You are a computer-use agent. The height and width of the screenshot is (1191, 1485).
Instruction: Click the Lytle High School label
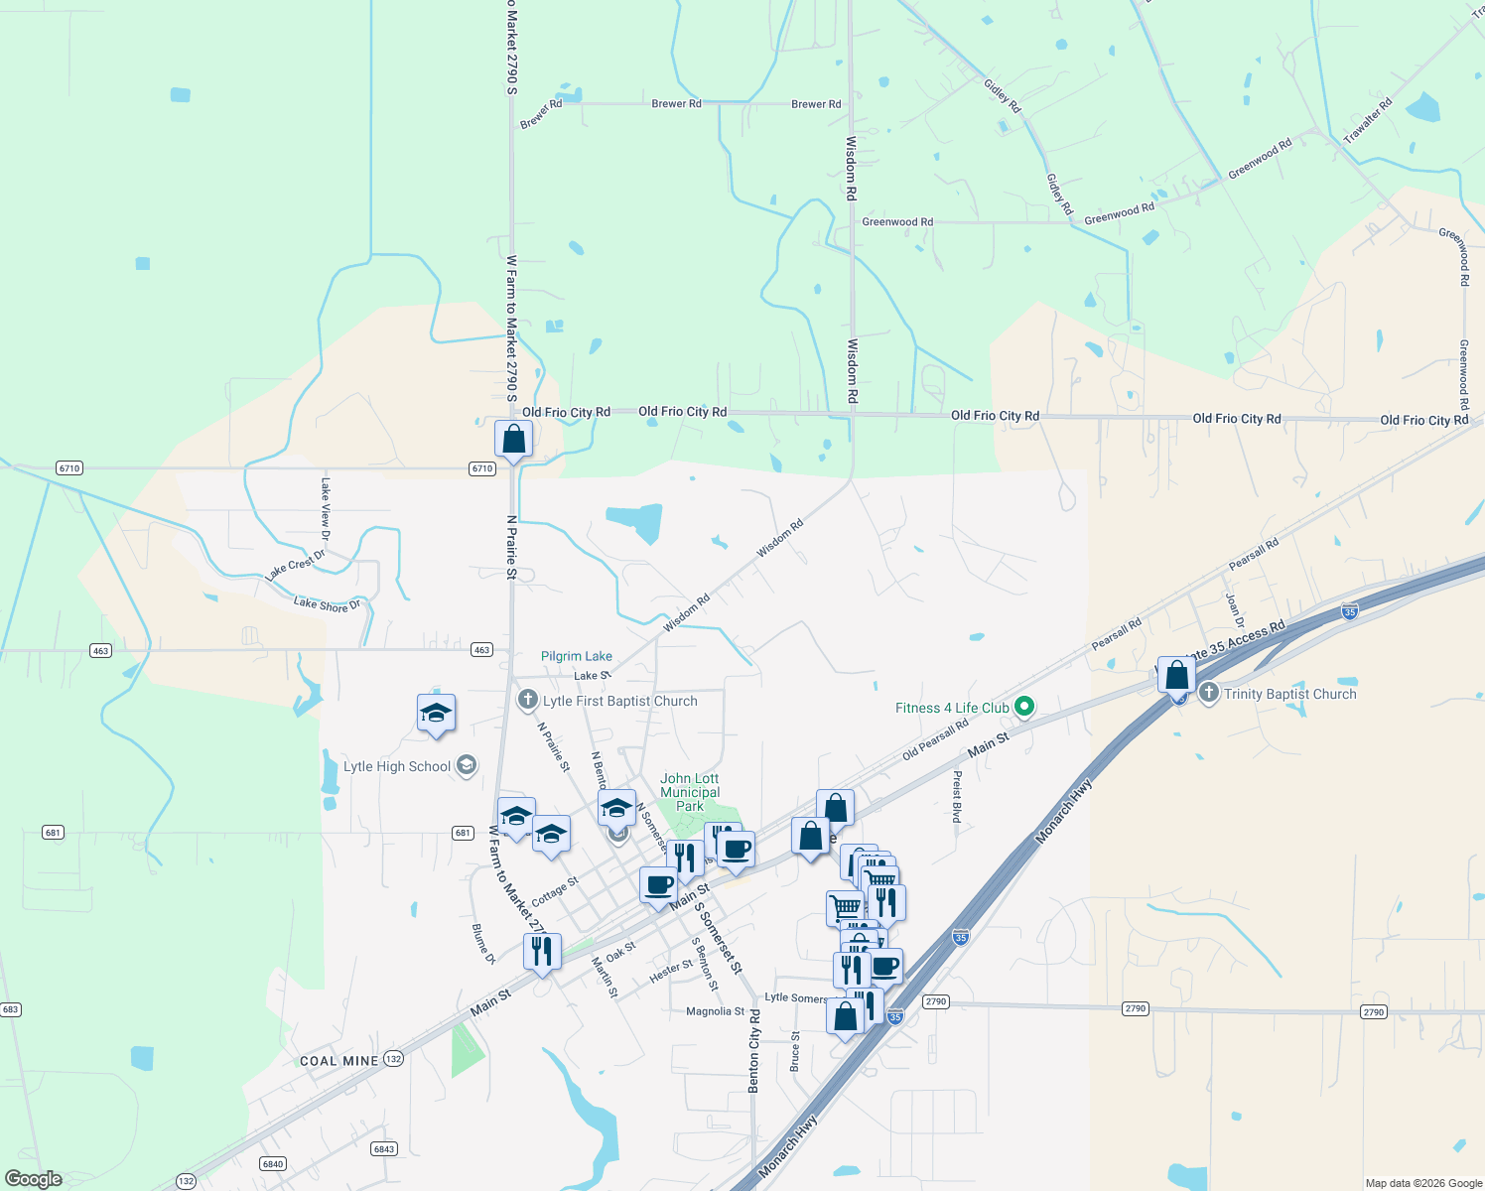397,766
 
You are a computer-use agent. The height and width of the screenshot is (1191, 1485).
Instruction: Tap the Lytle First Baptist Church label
619,701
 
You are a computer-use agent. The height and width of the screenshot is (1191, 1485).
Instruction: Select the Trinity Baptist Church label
1289,694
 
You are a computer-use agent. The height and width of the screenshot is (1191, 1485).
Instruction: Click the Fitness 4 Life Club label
952,708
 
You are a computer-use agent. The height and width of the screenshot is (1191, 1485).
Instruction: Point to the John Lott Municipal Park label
690,792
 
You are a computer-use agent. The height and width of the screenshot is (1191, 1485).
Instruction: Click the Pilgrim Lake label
577,656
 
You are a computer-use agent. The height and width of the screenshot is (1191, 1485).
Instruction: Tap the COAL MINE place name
339,1061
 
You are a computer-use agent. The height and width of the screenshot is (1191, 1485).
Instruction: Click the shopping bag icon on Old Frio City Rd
513,439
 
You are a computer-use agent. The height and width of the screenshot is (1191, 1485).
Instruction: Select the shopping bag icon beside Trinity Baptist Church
1176,676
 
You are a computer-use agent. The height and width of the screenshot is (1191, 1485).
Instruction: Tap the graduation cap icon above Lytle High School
436,713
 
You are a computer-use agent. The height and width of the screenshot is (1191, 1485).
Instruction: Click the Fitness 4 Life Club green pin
1025,708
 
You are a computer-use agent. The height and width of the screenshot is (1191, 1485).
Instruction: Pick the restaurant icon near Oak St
542,952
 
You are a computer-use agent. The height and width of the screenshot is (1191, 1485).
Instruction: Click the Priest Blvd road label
957,797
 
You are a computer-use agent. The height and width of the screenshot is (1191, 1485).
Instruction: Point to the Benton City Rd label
754,1052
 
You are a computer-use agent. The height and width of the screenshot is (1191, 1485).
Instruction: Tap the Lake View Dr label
326,509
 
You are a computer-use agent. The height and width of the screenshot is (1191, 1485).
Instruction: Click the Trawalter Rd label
1368,121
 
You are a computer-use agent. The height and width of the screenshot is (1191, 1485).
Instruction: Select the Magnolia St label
715,1011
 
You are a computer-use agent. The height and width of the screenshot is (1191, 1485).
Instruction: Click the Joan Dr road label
1234,610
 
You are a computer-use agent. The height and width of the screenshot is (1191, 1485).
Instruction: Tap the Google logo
34,1178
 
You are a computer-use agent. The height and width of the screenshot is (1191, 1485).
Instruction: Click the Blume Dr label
482,944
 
